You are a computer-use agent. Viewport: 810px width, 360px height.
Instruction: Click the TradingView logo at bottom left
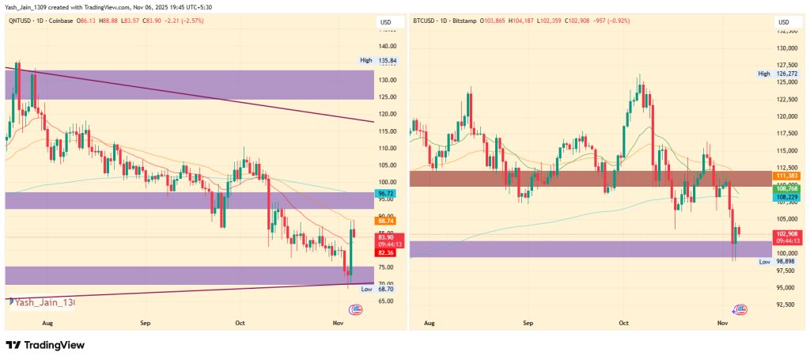point(45,345)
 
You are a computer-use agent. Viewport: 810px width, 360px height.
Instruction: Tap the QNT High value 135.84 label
point(387,60)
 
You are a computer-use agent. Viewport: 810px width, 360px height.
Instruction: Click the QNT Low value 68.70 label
point(387,290)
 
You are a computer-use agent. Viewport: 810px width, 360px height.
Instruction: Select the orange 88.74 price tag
point(387,221)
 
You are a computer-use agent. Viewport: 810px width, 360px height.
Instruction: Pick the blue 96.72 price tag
point(387,193)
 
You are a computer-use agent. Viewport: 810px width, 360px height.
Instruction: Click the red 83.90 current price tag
point(387,237)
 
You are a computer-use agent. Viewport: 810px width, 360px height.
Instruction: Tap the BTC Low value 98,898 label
point(785,261)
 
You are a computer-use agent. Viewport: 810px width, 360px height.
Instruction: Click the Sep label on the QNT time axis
point(145,324)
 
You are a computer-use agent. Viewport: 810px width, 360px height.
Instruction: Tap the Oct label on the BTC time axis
point(623,324)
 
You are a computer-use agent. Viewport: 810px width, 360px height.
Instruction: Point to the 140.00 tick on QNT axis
point(387,47)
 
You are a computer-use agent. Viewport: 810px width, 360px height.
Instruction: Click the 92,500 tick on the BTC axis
point(785,305)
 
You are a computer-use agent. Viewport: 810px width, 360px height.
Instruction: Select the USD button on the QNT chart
point(387,21)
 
